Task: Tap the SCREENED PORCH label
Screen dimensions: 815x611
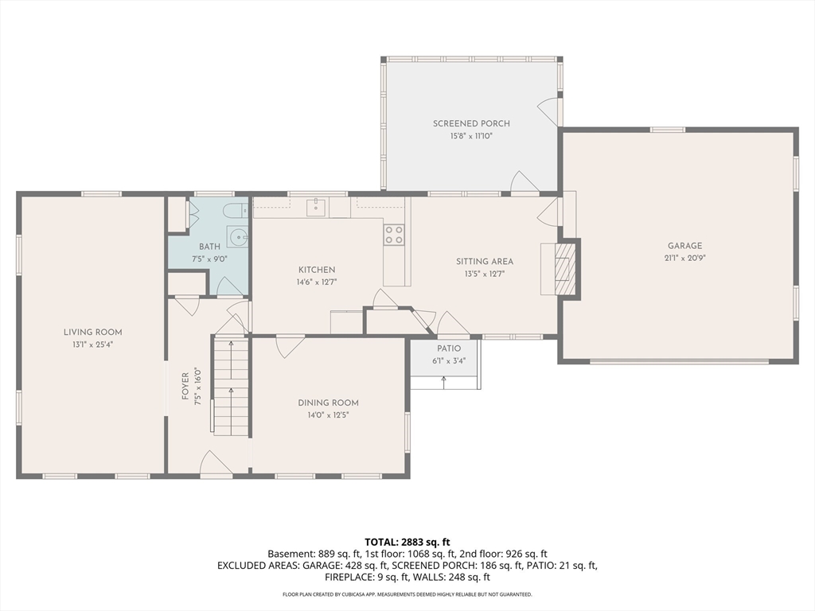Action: click(471, 123)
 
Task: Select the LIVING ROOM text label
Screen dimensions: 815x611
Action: click(93, 332)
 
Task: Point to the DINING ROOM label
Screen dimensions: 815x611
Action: click(328, 403)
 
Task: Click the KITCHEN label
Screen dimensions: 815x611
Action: click(317, 270)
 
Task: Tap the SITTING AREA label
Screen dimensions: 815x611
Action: click(485, 262)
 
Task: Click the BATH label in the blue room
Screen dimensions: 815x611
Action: click(209, 247)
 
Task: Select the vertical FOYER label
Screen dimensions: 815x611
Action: click(185, 386)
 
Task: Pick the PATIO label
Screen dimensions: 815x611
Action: click(449, 348)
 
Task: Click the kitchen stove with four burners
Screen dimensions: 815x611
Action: click(393, 235)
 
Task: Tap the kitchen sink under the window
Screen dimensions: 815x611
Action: click(315, 207)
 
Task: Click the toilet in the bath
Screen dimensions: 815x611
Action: click(236, 211)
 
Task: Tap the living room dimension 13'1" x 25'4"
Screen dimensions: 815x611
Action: click(92, 344)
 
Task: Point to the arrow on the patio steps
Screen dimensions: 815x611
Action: click(443, 382)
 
